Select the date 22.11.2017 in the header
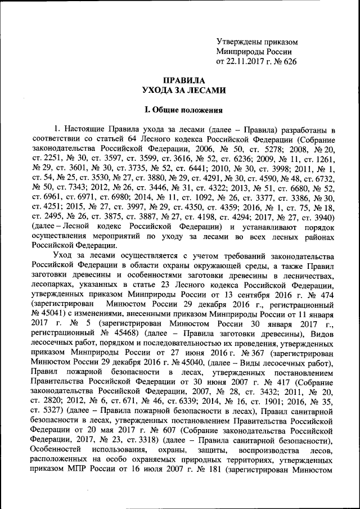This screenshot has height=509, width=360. pyautogui.click(x=247, y=61)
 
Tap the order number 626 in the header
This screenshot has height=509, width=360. pyautogui.click(x=289, y=61)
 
